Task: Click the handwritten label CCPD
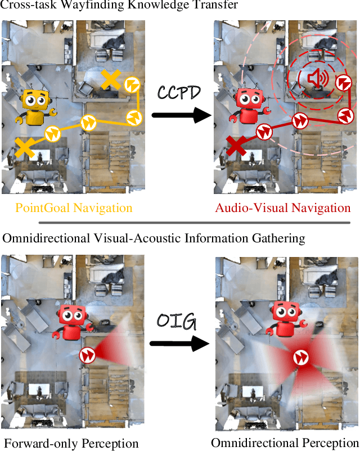179,92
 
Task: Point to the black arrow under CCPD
179,116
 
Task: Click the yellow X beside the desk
111,80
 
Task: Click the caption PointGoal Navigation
74,208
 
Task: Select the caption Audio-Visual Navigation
283,208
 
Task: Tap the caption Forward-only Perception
71,443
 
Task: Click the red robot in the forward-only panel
71,323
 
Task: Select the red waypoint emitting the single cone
87,355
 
